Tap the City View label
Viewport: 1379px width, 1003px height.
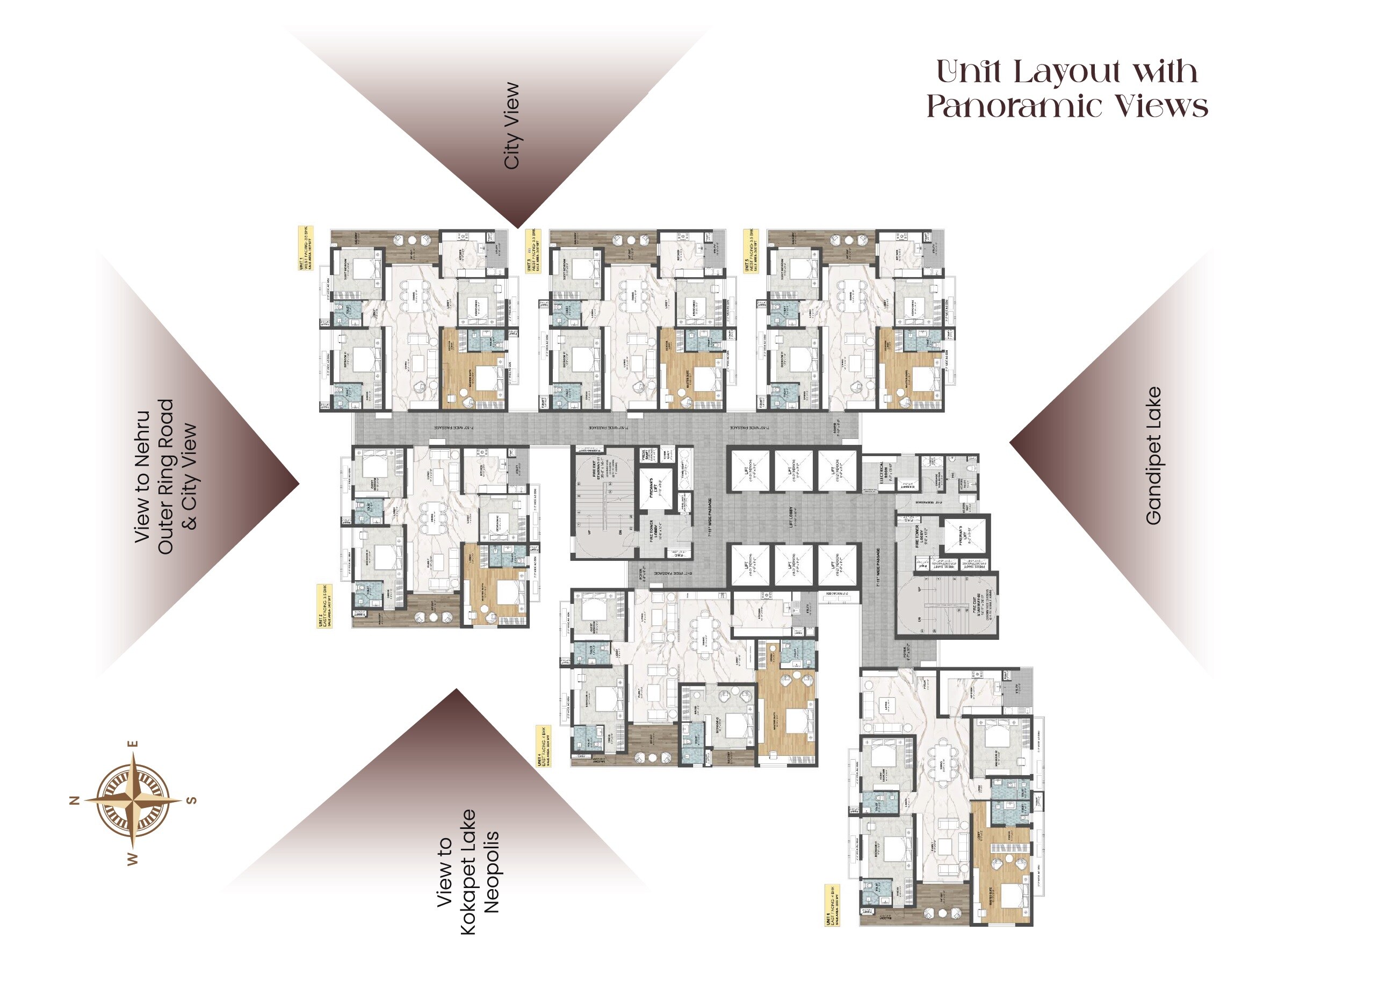pos(512,126)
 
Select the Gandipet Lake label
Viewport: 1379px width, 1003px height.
pos(1153,456)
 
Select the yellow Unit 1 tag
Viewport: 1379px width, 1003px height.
pos(305,248)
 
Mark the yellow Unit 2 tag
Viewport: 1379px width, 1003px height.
pos(324,606)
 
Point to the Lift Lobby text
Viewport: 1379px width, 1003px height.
pos(791,517)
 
